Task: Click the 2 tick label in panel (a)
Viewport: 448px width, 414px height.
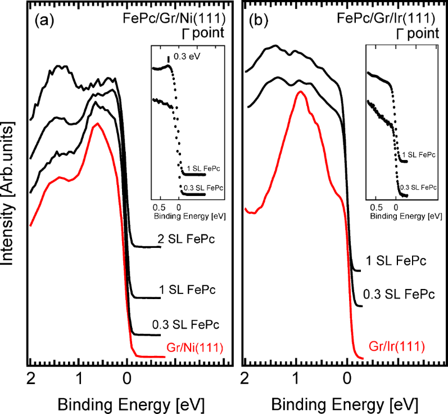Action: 30,376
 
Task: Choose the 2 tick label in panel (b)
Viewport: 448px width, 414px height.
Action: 245,376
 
